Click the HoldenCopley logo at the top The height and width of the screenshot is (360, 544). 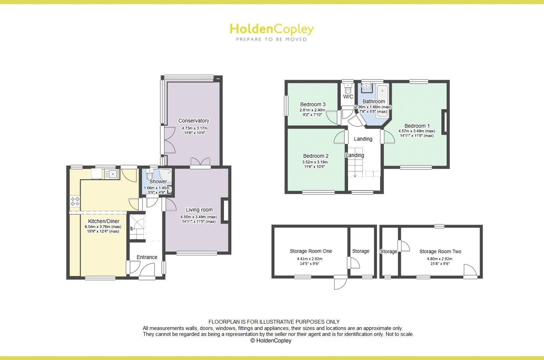pos(271,29)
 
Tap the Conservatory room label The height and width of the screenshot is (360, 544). pos(194,121)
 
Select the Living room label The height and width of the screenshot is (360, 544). pos(199,210)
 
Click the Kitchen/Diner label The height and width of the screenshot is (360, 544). pos(103,221)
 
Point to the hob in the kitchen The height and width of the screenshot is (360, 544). pos(75,201)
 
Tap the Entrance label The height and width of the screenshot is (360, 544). pos(147,257)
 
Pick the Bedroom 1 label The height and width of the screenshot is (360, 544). pos(417,126)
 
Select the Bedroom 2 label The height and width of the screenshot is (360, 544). pos(315,156)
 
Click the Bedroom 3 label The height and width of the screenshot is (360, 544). pos(313,104)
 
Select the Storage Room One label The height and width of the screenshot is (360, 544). pos(311,251)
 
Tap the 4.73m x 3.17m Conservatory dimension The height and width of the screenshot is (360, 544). pos(194,128)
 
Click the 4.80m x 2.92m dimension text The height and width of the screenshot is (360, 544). pos(440,259)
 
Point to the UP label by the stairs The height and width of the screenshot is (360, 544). pos(132,229)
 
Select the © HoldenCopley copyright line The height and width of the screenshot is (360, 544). pos(271,340)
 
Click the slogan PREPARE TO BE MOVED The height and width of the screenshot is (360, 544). pos(271,39)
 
